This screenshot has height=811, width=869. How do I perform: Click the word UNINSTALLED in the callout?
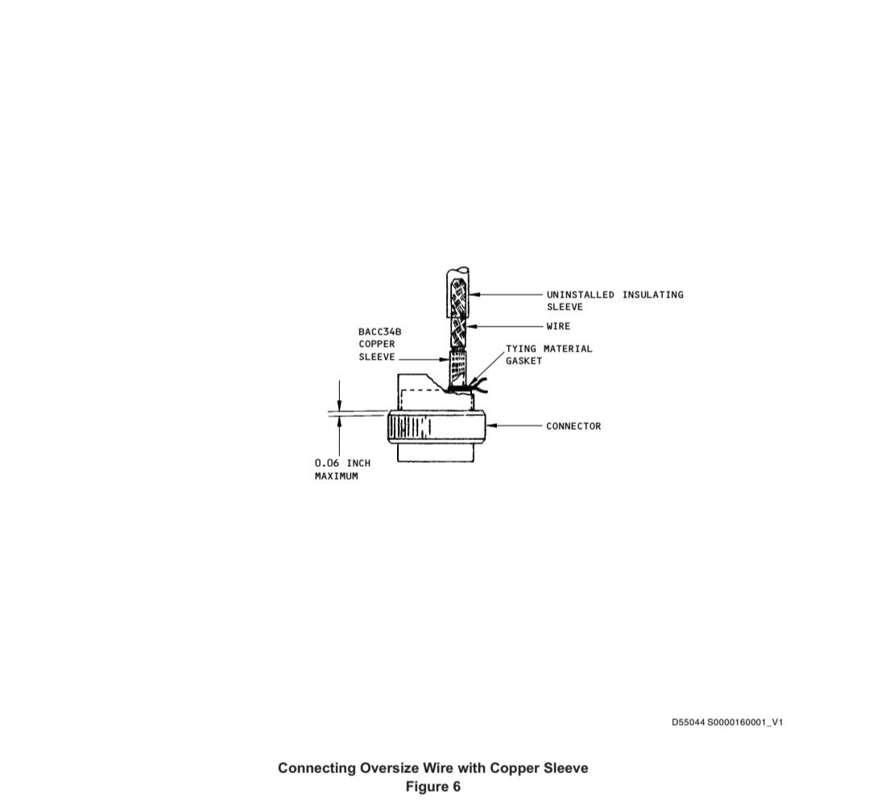[x=580, y=294]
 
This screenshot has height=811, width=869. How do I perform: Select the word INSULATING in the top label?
[x=653, y=294]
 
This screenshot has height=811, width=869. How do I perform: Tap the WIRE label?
[x=558, y=326]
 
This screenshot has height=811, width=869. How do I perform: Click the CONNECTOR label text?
[x=573, y=426]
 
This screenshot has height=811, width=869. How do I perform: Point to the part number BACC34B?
[x=379, y=331]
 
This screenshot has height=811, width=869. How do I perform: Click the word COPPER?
[x=377, y=344]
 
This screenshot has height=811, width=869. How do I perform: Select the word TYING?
[x=521, y=349]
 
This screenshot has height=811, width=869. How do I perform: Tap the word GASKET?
[x=523, y=361]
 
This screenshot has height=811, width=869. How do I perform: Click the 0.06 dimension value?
[x=327, y=463]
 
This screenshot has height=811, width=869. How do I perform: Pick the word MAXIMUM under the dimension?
[x=337, y=476]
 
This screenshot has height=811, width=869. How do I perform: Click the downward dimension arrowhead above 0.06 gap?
[x=340, y=405]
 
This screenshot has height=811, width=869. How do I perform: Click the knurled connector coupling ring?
[x=437, y=426]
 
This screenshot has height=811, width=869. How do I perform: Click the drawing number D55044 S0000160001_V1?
[x=727, y=722]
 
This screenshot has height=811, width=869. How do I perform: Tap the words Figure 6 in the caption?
[x=432, y=787]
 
